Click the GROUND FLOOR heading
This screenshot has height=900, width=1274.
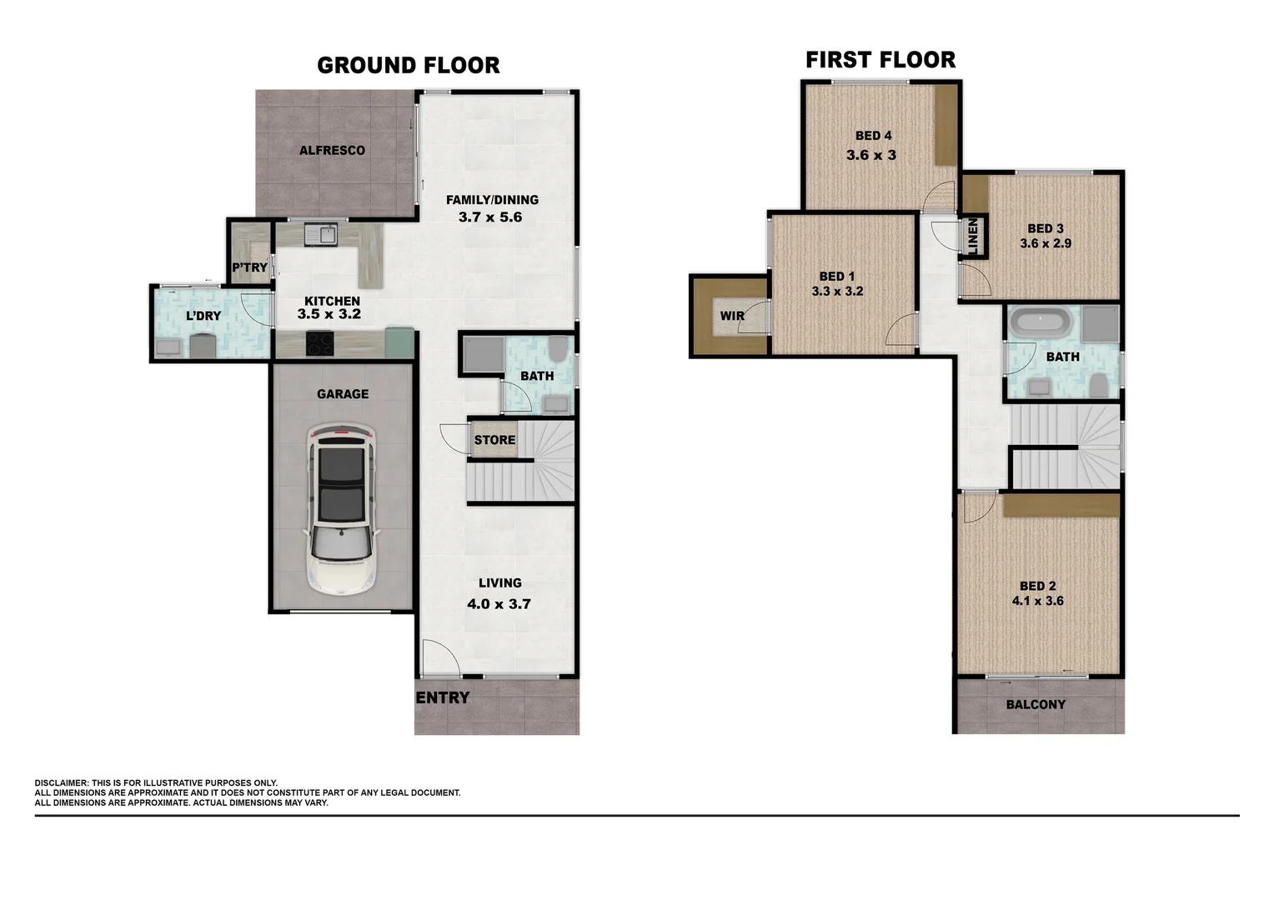pos(409,65)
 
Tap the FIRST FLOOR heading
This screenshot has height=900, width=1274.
pos(880,60)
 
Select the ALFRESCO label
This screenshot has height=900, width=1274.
pos(332,151)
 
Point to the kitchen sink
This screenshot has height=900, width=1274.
pos(321,234)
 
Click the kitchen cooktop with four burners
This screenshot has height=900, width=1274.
pos(321,343)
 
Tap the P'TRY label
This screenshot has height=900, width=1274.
pos(249,267)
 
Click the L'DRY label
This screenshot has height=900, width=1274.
pos(203,316)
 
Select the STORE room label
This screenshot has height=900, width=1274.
pos(494,440)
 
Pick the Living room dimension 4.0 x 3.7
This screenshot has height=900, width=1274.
pos(499,604)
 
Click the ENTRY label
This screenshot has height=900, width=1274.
pos(443,698)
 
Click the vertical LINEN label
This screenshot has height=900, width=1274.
pos(972,236)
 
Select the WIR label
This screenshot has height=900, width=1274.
pos(732,316)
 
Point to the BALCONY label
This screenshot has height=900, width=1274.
pos(1036,705)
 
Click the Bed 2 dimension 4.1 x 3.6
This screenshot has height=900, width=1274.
pos(1037,601)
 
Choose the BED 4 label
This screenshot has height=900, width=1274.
pos(873,136)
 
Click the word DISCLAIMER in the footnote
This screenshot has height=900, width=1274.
pos(61,783)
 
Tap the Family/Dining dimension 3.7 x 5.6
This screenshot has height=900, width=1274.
pos(490,217)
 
